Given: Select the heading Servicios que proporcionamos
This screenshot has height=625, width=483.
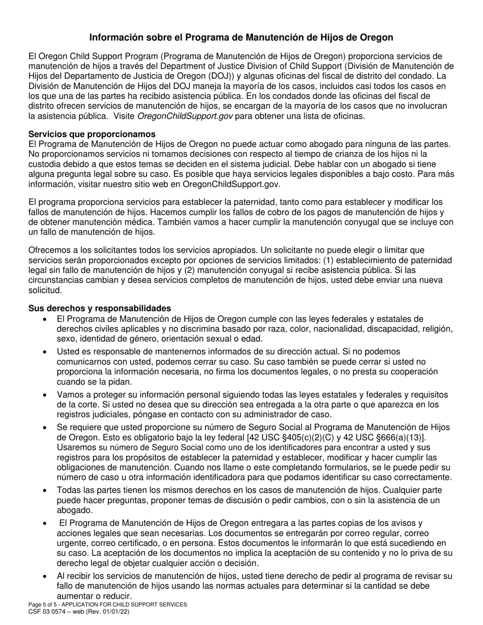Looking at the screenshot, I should [x=92, y=134].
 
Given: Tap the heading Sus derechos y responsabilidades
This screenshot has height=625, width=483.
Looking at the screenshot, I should [x=100, y=308].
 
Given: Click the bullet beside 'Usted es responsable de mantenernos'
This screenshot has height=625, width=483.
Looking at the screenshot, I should [x=45, y=352].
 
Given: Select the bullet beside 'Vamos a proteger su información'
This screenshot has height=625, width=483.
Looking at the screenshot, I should [x=45, y=395].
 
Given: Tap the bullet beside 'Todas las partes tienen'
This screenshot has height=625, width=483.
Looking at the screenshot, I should [x=45, y=490].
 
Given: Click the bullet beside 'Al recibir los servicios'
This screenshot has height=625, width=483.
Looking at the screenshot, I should [x=45, y=577].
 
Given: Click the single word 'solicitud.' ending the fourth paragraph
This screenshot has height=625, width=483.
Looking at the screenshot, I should [x=45, y=290].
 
